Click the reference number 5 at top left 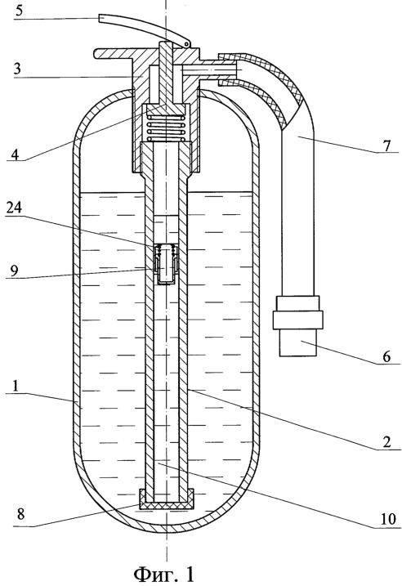19,10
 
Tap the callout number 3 17,69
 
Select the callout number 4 14,154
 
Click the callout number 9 14,270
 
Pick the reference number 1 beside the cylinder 16,386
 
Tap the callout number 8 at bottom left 20,513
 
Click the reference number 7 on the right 386,145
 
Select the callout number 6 386,356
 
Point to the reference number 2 386,441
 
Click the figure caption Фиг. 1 164,574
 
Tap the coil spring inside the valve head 165,128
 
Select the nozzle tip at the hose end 298,342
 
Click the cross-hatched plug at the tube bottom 166,499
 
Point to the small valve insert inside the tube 165,264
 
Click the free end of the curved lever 100,18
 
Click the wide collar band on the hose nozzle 297,320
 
